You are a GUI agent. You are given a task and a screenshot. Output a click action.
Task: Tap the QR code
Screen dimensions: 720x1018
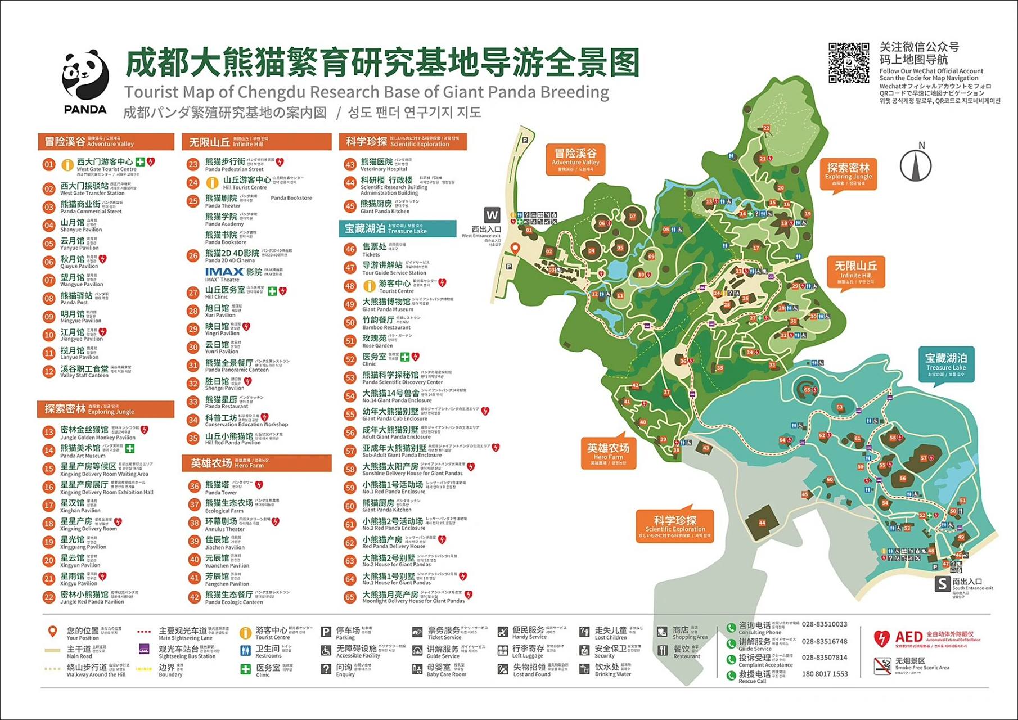[848, 62]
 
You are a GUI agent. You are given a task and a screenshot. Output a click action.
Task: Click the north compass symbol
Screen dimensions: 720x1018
[916, 164]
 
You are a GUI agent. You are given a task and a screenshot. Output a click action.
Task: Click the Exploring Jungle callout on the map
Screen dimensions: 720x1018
[848, 172]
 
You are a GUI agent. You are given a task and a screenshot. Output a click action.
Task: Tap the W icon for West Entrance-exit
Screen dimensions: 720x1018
[492, 215]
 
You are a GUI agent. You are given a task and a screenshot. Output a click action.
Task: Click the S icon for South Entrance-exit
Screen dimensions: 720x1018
[942, 584]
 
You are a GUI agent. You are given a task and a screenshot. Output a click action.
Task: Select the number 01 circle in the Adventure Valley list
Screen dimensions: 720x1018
[49, 165]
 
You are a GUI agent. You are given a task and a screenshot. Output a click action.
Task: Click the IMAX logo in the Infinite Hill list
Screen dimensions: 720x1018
[224, 272]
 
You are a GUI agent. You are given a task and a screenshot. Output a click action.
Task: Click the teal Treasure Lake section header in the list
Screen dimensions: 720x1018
[397, 228]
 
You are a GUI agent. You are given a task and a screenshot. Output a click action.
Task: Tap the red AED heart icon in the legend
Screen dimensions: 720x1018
[881, 638]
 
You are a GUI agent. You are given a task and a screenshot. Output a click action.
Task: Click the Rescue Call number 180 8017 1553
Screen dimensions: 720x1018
[825, 674]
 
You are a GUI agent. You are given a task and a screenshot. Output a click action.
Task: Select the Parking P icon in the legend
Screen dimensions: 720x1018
[326, 632]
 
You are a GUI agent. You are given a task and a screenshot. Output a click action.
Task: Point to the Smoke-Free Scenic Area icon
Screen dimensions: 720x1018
[882, 665]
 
